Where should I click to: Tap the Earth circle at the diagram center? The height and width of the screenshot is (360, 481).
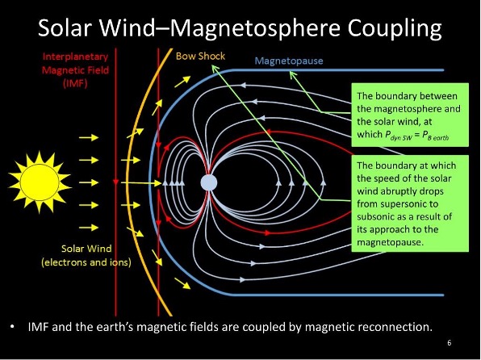pyautogui.click(x=208, y=182)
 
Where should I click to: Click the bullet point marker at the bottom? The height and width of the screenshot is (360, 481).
pyautogui.click(x=13, y=327)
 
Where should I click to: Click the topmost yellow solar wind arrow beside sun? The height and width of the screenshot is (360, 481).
pyautogui.click(x=88, y=138)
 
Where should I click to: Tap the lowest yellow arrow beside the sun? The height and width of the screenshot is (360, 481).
pyautogui.click(x=88, y=227)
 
